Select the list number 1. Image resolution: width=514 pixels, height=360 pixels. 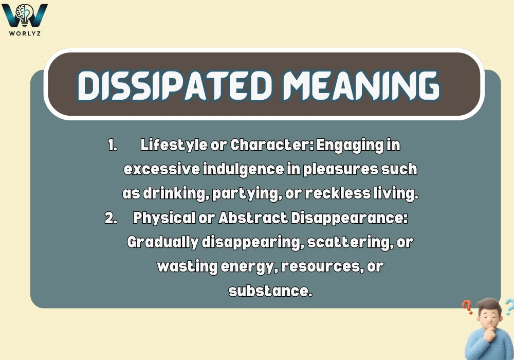pyautogui.click(x=113, y=146)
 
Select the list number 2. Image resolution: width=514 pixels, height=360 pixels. pyautogui.click(x=111, y=218)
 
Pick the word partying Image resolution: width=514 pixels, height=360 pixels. pyautogui.click(x=239, y=193)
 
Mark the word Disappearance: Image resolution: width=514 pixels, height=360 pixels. pyautogui.click(x=350, y=218)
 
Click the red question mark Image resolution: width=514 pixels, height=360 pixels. pyautogui.click(x=467, y=308)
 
